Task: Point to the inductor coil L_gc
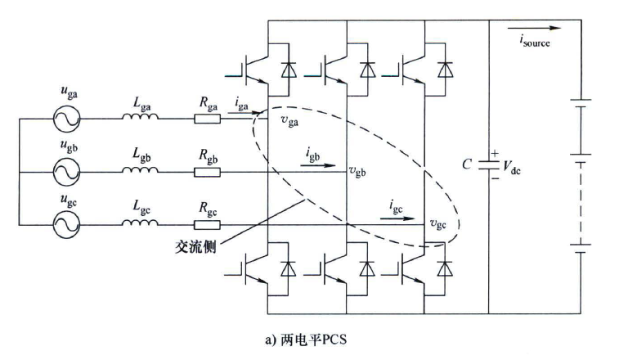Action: (141, 223)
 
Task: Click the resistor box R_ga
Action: (207, 119)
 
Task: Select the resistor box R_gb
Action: (207, 172)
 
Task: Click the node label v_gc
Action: (440, 223)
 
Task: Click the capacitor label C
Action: (466, 164)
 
